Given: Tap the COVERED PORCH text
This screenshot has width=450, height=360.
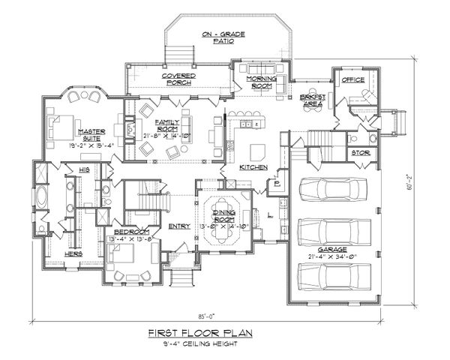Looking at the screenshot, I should coord(179,80).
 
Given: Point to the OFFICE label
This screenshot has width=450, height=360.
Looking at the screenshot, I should coord(352,79).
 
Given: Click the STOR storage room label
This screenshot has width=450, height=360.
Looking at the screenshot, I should coord(358,154).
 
